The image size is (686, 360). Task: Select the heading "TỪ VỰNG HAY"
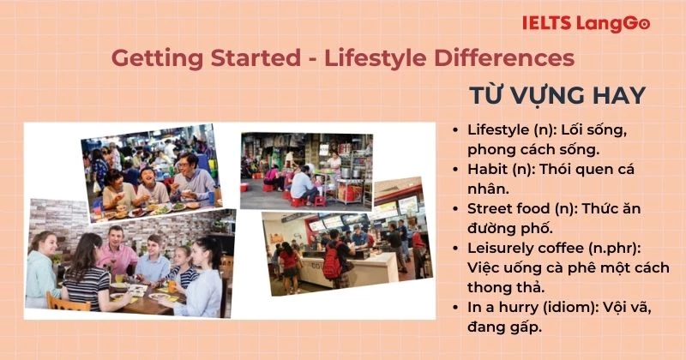556,94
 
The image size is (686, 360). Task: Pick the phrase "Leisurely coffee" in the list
524,249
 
